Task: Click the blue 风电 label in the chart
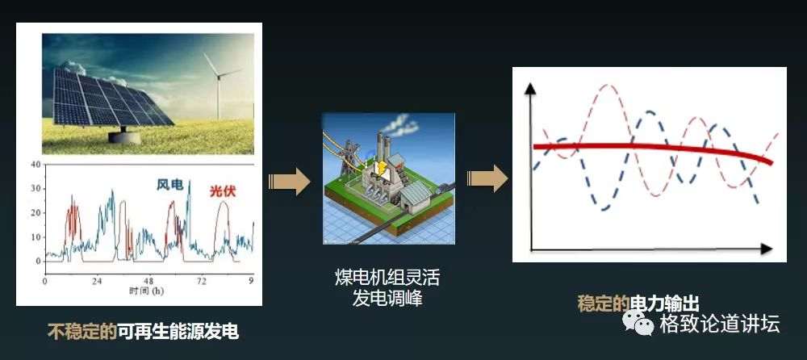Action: click(169, 185)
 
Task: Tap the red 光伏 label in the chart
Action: click(223, 191)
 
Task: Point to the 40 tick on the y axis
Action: click(36, 165)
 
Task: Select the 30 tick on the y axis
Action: click(36, 189)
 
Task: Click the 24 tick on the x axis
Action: click(96, 281)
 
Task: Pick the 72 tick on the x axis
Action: click(202, 281)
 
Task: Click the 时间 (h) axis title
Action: click(147, 291)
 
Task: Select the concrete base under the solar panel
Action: click(124, 137)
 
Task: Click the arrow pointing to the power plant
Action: click(289, 182)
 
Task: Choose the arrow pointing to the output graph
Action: click(487, 178)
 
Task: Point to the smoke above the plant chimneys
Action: click(399, 125)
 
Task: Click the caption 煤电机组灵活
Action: click(387, 278)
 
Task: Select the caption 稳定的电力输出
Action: click(638, 303)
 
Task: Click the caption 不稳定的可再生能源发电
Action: click(143, 331)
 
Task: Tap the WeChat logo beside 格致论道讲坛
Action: click(638, 322)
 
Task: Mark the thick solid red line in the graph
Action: click(653, 149)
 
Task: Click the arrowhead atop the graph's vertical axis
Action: click(530, 88)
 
